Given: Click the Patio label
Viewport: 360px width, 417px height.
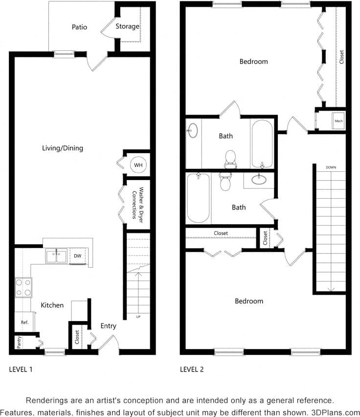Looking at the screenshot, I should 79,27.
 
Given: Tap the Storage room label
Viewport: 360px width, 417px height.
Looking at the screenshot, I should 127,26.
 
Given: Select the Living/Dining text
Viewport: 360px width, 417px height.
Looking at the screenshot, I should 63,148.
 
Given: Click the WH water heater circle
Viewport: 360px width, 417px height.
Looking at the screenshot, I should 138,165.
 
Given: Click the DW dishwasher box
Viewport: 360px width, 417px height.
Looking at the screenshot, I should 78,256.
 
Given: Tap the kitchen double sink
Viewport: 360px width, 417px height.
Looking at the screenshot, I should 56,256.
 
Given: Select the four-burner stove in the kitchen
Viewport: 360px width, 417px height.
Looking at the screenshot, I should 23,287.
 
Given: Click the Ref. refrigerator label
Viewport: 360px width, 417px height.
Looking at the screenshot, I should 24,323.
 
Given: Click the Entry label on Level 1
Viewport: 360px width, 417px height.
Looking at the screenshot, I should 108,326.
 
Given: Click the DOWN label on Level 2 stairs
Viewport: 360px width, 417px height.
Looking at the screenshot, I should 331,167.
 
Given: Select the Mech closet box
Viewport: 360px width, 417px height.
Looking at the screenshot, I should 338,120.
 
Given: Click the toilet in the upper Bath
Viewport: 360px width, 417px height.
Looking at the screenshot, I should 230,158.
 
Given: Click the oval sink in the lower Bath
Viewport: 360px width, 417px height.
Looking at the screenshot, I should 259,180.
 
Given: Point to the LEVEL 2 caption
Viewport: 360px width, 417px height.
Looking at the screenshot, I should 192,370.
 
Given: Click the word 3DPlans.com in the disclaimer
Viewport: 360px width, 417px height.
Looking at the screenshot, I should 336,412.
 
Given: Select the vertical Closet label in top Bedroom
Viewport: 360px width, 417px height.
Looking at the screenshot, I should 341,57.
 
